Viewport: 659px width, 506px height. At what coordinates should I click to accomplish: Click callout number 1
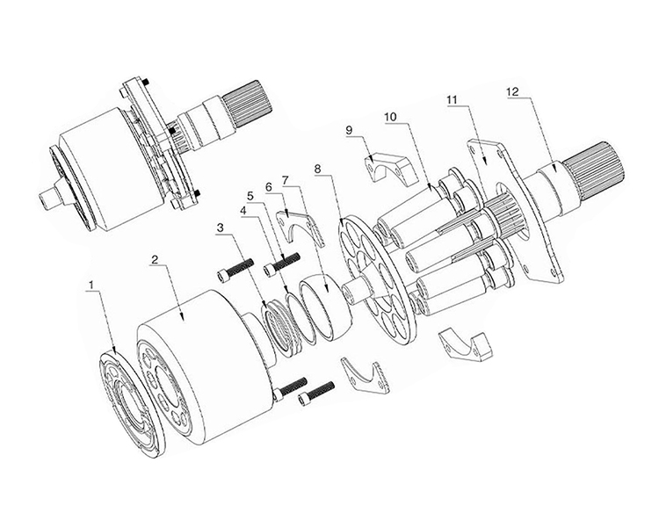click(91, 286)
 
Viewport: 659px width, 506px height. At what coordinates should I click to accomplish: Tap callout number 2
click(155, 260)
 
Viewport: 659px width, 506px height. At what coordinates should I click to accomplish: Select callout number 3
click(221, 228)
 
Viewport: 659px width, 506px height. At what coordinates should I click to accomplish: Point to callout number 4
click(243, 210)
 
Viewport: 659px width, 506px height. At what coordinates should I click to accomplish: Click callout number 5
click(251, 196)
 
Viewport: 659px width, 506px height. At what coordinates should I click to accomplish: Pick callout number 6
click(269, 186)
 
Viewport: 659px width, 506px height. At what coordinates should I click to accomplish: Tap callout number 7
click(286, 180)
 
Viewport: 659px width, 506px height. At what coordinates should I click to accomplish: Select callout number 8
click(318, 169)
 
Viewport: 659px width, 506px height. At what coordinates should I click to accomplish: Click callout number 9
click(350, 130)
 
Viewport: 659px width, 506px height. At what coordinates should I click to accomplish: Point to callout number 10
click(390, 117)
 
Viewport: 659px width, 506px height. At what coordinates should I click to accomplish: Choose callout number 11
click(453, 99)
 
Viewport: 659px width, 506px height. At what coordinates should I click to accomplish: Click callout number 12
click(513, 91)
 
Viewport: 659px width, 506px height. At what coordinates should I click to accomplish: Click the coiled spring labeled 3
click(282, 327)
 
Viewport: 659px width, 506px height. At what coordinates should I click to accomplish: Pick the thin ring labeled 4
click(301, 318)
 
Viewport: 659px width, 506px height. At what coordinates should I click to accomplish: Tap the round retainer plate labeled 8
click(378, 281)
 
